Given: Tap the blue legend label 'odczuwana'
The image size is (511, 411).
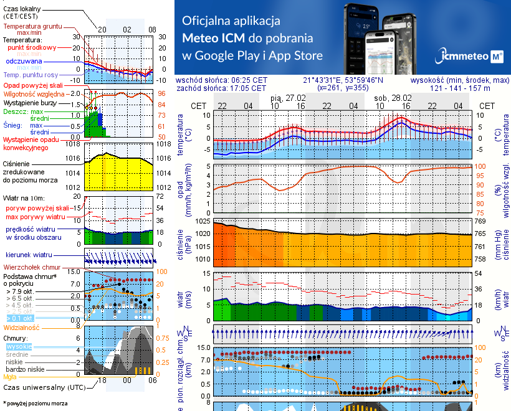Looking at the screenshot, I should point(24,62).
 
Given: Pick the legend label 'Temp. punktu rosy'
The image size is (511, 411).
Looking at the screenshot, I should point(31,75).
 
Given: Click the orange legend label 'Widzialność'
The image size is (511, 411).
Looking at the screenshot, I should point(22,326).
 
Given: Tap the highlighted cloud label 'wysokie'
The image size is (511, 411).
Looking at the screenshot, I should point(19,346).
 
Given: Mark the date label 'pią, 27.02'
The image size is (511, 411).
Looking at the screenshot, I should point(289,98).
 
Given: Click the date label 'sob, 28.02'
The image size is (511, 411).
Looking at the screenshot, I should point(393,98).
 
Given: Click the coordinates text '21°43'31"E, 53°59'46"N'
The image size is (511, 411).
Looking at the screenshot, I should point(343,80).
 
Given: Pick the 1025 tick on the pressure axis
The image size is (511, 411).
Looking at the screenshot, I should point(204,221).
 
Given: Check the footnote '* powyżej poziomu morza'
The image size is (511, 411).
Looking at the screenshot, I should point(35,404).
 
